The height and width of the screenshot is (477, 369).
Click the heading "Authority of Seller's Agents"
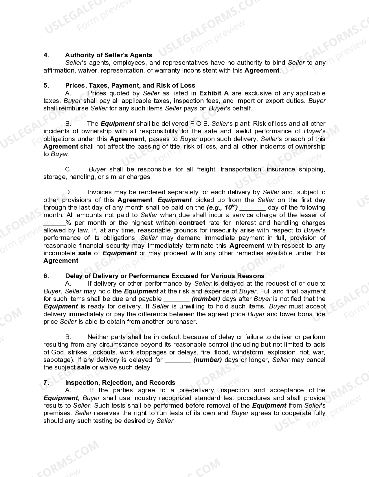tap(109, 55)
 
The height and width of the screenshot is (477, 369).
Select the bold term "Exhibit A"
tap(214, 93)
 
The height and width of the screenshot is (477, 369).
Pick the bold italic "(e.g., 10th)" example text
tap(222, 207)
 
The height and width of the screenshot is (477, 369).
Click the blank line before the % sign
tap(54, 223)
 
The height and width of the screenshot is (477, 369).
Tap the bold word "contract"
tap(192, 223)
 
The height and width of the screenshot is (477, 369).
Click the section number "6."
tap(46, 276)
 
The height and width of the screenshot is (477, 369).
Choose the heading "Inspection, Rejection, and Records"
tap(120, 382)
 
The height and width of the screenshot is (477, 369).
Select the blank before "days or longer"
tap(178, 360)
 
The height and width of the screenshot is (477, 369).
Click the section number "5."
tap(46, 85)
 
